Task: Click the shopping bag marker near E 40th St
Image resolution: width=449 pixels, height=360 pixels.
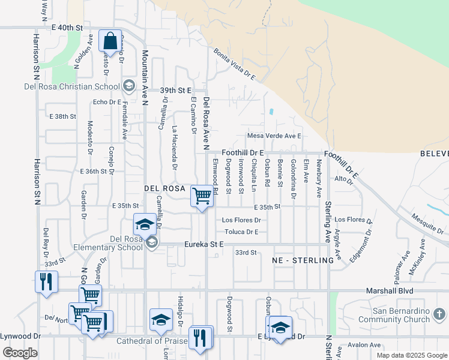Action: (110, 41)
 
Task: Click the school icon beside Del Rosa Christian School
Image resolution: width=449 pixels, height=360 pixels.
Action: (128, 86)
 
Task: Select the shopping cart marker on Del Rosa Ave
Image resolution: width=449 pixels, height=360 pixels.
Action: (202, 196)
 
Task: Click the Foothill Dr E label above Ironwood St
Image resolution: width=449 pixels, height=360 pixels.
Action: (243, 153)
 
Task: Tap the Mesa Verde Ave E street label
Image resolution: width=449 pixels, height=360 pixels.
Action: (274, 136)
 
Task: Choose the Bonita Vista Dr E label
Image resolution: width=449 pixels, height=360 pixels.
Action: (235, 65)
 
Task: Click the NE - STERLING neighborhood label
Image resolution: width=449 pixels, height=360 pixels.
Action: (302, 260)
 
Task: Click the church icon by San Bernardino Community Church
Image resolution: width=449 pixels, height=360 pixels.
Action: (440, 314)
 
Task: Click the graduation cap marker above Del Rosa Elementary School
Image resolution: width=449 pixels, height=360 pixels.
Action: (144, 224)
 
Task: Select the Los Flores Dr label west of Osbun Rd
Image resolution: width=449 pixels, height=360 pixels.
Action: (241, 220)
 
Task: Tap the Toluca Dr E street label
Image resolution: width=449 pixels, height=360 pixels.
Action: (241, 232)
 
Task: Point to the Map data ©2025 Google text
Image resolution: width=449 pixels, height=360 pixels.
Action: (411, 355)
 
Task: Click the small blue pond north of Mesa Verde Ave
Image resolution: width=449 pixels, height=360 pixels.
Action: (271, 112)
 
